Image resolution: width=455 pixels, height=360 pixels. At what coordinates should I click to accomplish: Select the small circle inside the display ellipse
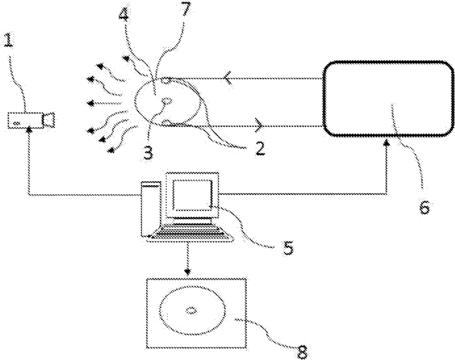point(191,310)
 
